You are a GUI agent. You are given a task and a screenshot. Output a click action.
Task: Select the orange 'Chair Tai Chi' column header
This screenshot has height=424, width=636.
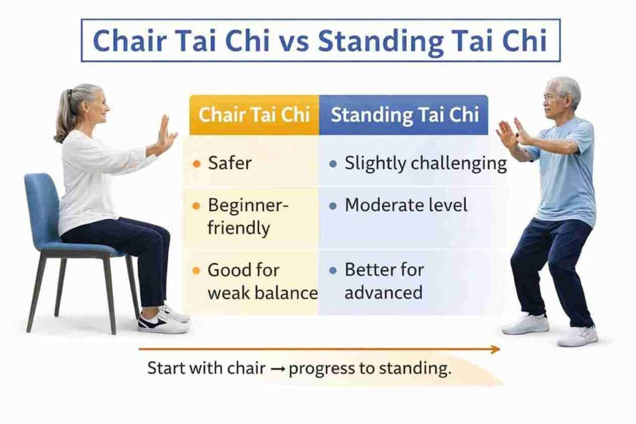coord(254,114)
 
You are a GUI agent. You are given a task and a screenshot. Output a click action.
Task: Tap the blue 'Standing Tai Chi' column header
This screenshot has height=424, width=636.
coord(404,114)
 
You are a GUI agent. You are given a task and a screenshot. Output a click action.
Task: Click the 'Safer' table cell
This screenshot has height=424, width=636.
coord(251,162)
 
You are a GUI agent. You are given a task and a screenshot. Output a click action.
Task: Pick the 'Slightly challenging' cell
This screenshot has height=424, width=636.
coord(413,162)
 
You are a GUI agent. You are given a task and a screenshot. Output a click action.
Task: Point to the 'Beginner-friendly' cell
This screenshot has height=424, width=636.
coord(251,217)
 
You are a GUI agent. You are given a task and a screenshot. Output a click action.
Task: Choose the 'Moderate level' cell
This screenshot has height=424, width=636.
coord(413,217)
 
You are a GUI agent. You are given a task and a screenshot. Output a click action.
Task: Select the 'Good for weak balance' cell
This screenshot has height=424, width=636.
coord(251,282)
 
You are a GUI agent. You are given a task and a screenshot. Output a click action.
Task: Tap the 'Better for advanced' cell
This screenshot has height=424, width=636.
coord(413,282)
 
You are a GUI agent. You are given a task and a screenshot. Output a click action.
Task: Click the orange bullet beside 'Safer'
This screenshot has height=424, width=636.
coord(197,164)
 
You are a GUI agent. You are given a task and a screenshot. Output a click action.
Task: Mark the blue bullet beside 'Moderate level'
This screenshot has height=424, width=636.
coord(333,206)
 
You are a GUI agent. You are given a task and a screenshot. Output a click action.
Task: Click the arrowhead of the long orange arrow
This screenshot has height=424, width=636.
coord(496,349)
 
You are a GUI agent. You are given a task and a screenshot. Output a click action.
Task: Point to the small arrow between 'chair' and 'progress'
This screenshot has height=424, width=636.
coord(277,369)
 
